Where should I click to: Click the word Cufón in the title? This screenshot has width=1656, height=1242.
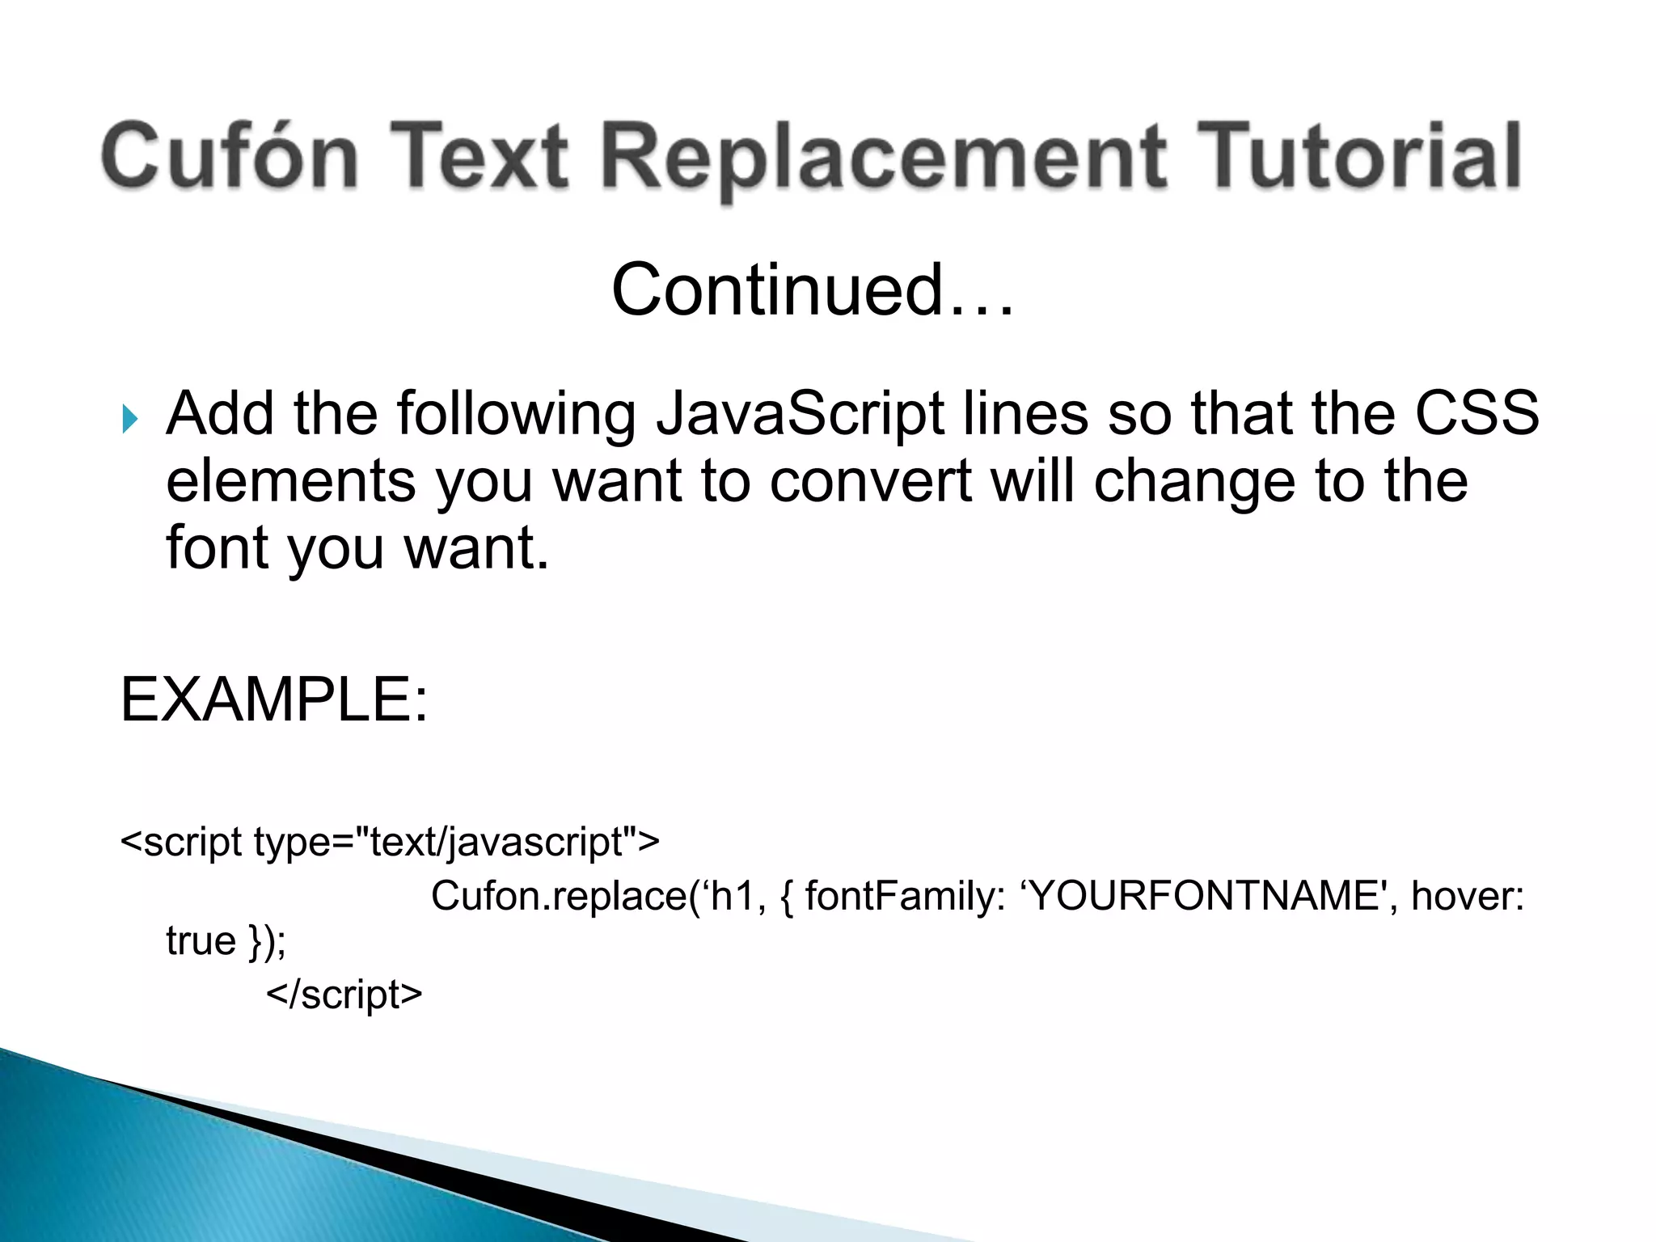coord(230,155)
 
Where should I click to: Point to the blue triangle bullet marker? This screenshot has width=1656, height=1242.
coord(130,419)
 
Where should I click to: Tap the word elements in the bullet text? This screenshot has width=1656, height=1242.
coord(291,481)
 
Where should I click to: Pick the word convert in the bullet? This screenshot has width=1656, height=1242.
coord(870,481)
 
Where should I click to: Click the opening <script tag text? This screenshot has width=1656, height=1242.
coord(181,843)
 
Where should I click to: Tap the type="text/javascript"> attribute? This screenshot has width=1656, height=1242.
coord(457,843)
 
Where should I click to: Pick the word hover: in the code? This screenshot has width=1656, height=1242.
coord(1467,896)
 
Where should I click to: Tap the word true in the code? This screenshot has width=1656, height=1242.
coord(201,941)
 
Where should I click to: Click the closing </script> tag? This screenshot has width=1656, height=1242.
coord(344,995)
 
